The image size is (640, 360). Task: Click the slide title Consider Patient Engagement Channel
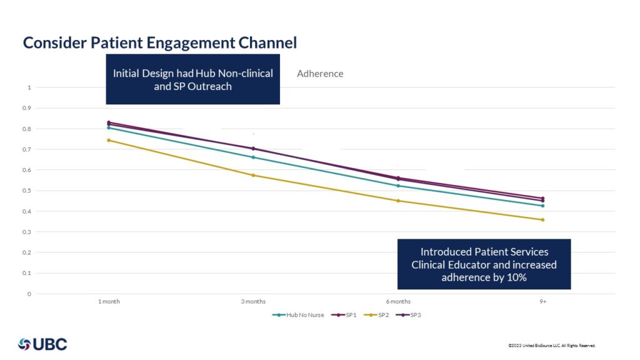tap(160, 42)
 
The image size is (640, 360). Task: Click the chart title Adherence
tap(320, 74)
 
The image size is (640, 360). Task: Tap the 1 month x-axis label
tap(109, 301)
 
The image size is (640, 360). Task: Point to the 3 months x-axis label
tap(253, 301)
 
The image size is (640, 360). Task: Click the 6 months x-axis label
tap(398, 301)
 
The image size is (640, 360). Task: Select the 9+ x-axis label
tap(542, 301)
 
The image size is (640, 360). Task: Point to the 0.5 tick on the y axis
tap(26, 191)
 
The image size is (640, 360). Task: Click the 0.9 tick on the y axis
tap(26, 108)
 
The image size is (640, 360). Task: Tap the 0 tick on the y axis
tap(28, 294)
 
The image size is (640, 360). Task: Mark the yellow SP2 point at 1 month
tap(109, 140)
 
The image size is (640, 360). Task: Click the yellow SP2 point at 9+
tap(542, 219)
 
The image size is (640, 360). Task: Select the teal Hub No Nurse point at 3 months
tap(253, 157)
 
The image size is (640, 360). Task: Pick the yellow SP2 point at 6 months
tap(398, 201)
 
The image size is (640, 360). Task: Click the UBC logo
tap(42, 344)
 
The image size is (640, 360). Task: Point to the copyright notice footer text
tap(552, 346)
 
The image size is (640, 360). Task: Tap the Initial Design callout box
tap(192, 79)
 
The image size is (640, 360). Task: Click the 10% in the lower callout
tap(516, 277)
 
